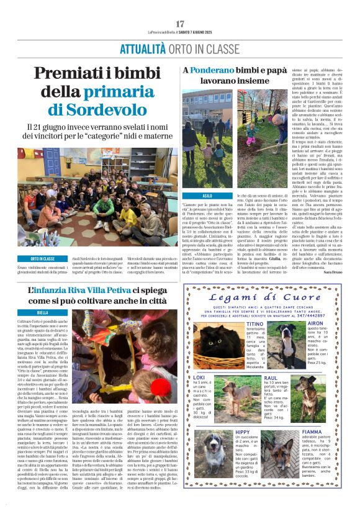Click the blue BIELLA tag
click(25, 312)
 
